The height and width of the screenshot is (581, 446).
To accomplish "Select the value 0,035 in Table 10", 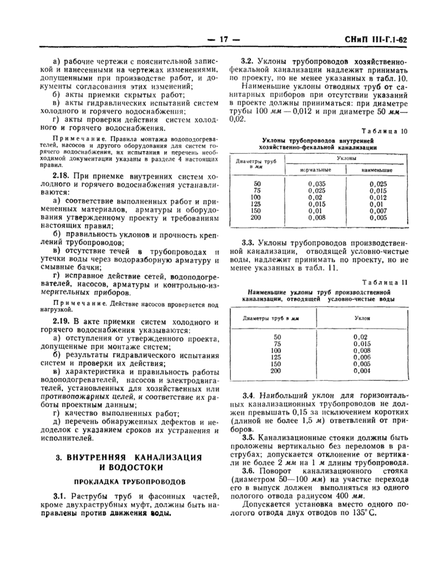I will [299, 184].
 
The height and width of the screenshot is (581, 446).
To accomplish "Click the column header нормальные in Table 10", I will [299, 170].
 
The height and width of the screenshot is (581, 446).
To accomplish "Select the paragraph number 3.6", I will [249, 470].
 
